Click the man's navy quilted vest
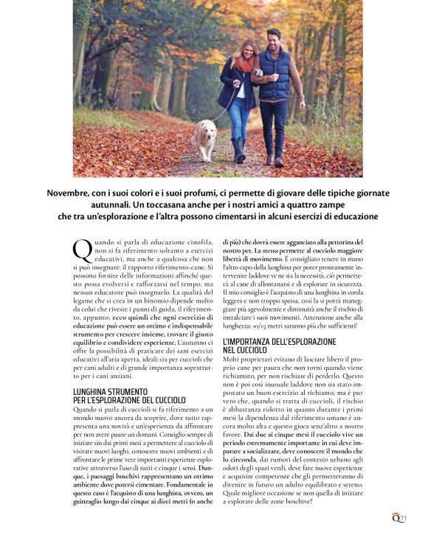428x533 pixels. [277, 77]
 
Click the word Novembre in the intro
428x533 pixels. [72, 192]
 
